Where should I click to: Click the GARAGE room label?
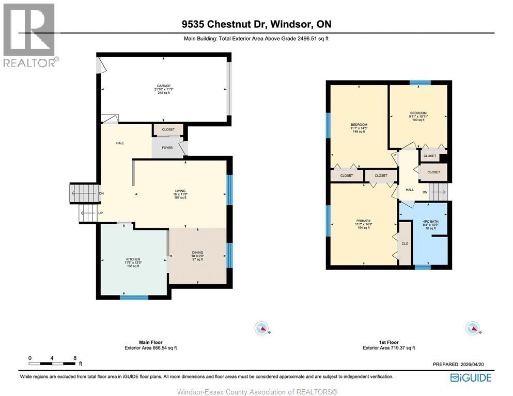(x=164, y=86)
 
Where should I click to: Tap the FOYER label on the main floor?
(x=167, y=148)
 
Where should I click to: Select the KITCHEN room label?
(x=133, y=259)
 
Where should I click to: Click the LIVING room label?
(x=180, y=191)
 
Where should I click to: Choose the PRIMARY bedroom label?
(x=363, y=221)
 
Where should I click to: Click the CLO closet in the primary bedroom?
(x=405, y=244)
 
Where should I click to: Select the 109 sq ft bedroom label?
(x=418, y=113)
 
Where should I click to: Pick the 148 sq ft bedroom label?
(x=359, y=125)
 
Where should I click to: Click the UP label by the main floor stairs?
(x=101, y=213)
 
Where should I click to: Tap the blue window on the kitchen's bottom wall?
(x=134, y=297)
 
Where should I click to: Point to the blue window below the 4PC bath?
(x=423, y=267)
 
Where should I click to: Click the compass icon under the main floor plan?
(x=263, y=327)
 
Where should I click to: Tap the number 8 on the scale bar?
(x=75, y=358)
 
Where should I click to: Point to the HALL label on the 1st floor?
(x=410, y=190)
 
